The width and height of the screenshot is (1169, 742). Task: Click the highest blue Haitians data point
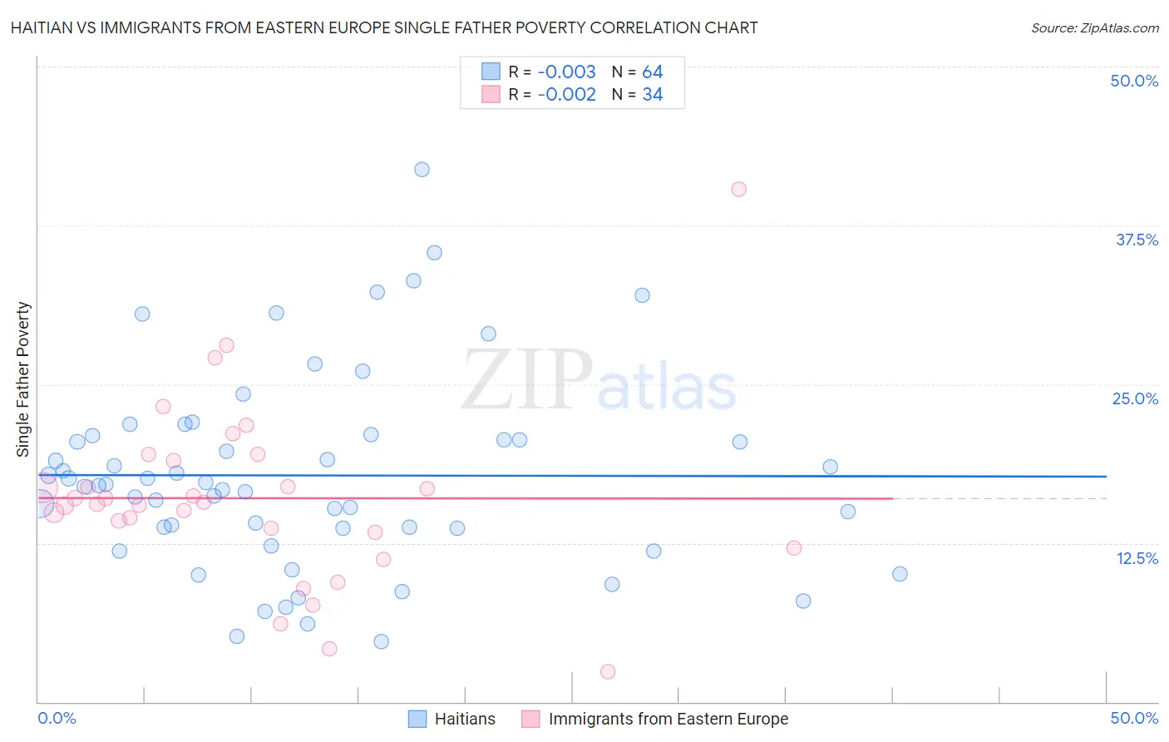click(x=422, y=170)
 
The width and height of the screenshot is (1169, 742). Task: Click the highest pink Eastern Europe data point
click(x=738, y=190)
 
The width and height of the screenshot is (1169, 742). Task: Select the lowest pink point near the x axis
click(x=608, y=672)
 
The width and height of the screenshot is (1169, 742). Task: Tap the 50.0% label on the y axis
click(x=1134, y=81)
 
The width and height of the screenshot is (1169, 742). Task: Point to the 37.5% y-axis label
click(x=1137, y=240)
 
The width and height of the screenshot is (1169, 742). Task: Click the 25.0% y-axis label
click(x=1135, y=398)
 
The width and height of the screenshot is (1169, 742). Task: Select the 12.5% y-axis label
click(x=1137, y=558)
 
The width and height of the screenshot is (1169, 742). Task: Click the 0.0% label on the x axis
click(x=57, y=718)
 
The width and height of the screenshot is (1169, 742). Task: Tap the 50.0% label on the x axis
click(x=1134, y=718)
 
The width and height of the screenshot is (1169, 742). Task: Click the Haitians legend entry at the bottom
click(x=464, y=719)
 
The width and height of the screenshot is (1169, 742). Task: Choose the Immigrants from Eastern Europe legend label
click(x=668, y=719)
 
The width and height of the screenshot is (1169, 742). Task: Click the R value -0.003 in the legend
click(x=566, y=72)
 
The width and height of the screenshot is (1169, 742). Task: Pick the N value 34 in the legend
click(x=653, y=95)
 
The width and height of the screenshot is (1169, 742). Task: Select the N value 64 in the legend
click(x=653, y=72)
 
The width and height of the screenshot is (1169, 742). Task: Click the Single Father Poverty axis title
click(x=23, y=379)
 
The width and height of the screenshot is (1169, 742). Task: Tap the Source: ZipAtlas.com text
click(x=1094, y=28)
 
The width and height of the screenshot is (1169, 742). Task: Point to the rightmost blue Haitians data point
click(x=900, y=574)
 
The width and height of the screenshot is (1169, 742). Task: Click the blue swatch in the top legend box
click(x=491, y=72)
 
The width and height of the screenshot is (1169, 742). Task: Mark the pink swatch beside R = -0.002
click(x=491, y=94)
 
